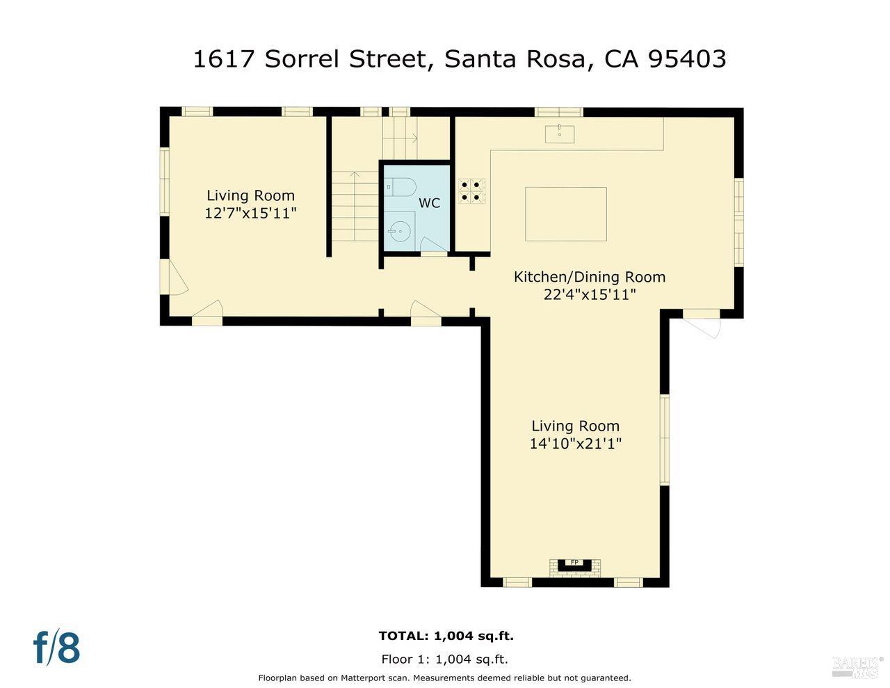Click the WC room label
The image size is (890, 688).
[x=429, y=203]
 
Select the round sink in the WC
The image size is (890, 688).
[x=398, y=229]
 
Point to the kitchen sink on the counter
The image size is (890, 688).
[x=560, y=133]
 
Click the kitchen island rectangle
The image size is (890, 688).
[x=565, y=214]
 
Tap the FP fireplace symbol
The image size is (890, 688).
[x=574, y=564]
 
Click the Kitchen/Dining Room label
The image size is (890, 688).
[x=589, y=277]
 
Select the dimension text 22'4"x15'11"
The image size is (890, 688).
[x=590, y=295]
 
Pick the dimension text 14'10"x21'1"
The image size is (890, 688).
[x=575, y=444]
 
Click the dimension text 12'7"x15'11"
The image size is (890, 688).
[x=250, y=214]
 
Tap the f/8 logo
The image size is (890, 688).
[x=57, y=647]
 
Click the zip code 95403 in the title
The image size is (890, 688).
[x=686, y=59]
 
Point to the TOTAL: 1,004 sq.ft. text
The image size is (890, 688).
[x=446, y=635]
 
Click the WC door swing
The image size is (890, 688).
[x=432, y=245]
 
